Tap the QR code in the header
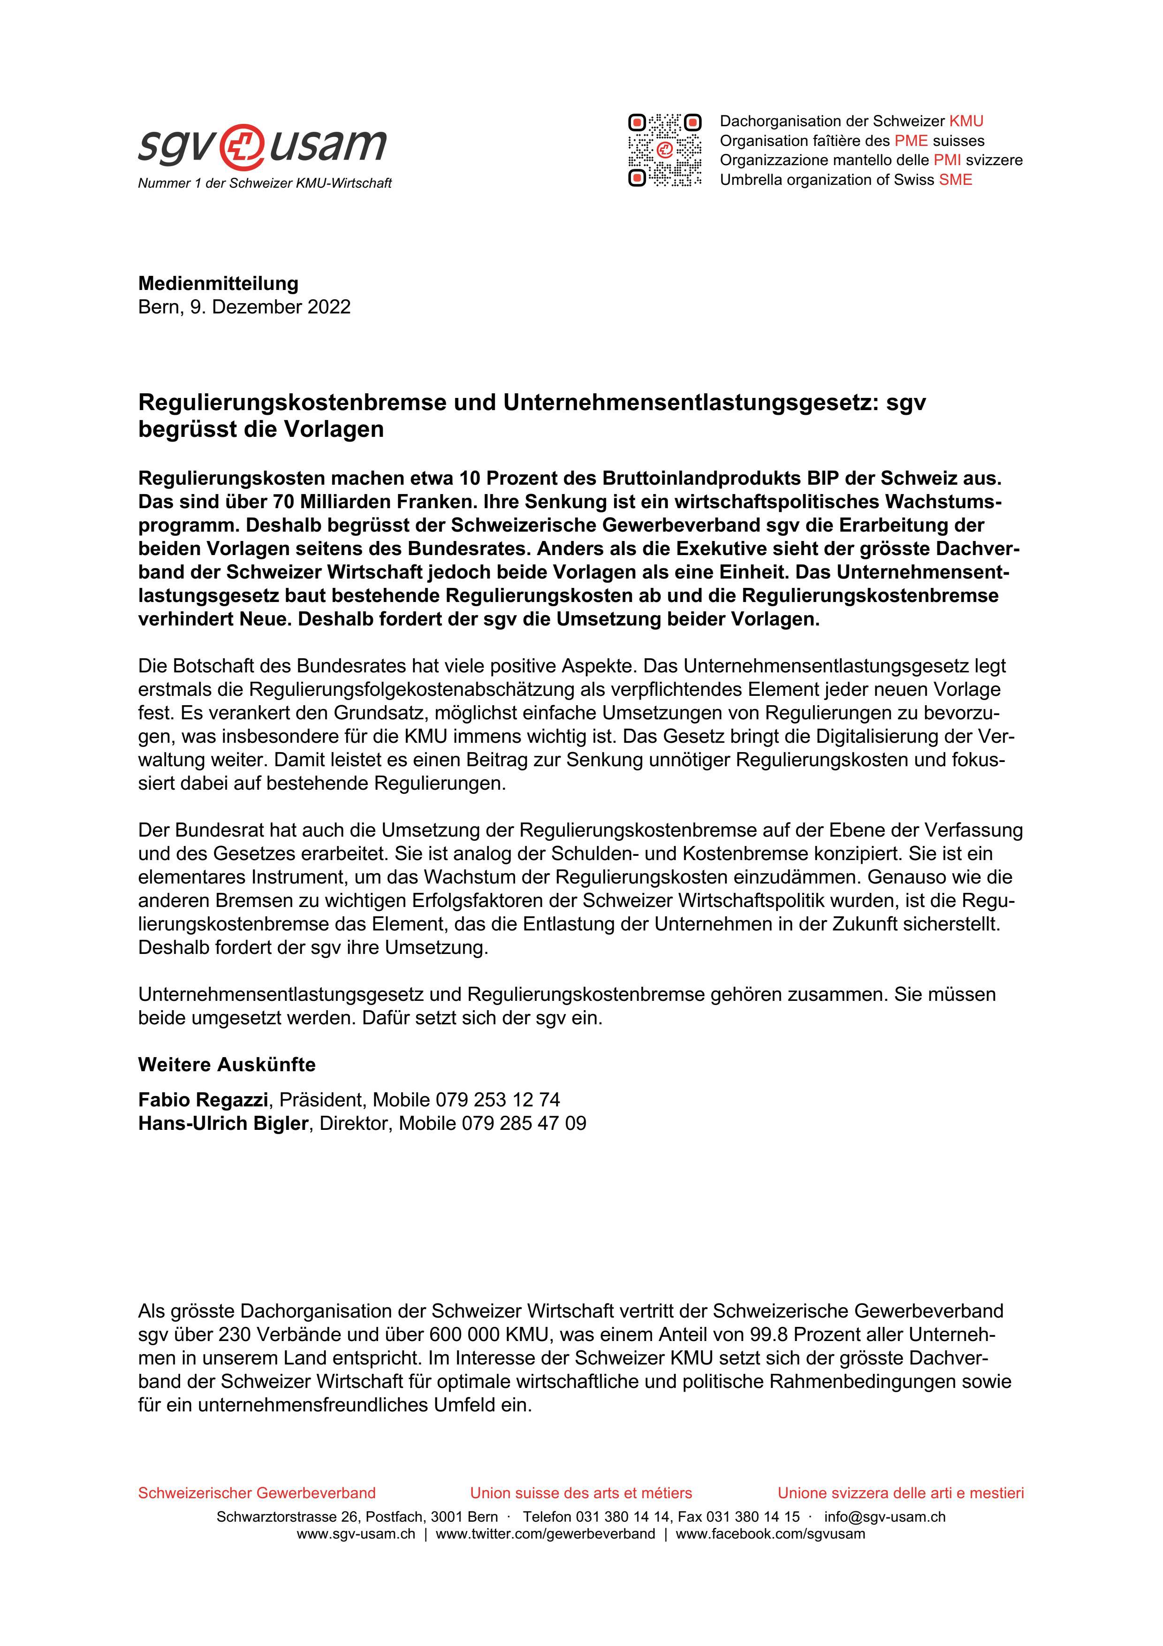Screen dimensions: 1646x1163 pyautogui.click(x=664, y=150)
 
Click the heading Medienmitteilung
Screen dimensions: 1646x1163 pyautogui.click(x=219, y=283)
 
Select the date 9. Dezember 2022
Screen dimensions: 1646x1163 pyautogui.click(x=270, y=307)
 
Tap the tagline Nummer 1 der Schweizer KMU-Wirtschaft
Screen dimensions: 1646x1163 pyautogui.click(x=265, y=183)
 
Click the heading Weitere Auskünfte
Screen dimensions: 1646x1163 pyautogui.click(x=227, y=1065)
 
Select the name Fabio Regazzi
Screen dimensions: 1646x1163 pyautogui.click(x=203, y=1100)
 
